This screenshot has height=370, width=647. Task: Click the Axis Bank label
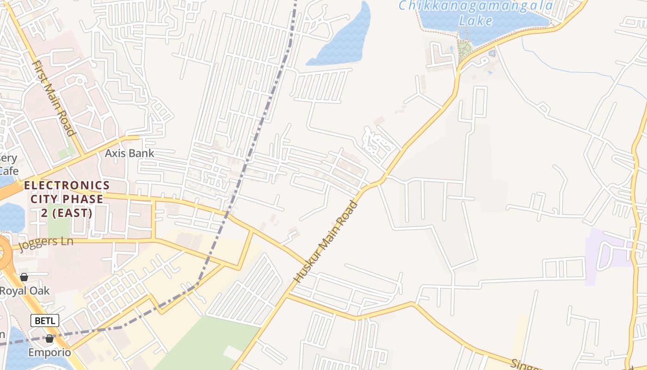click(129, 153)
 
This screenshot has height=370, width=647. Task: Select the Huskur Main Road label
click(326, 242)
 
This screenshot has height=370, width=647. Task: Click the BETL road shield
click(45, 320)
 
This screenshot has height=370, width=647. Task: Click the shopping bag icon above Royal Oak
click(24, 277)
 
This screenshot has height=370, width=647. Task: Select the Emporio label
click(49, 352)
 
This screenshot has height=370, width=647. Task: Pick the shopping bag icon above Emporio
click(49, 339)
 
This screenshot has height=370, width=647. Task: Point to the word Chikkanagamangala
click(476, 6)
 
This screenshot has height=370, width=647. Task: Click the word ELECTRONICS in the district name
click(67, 185)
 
